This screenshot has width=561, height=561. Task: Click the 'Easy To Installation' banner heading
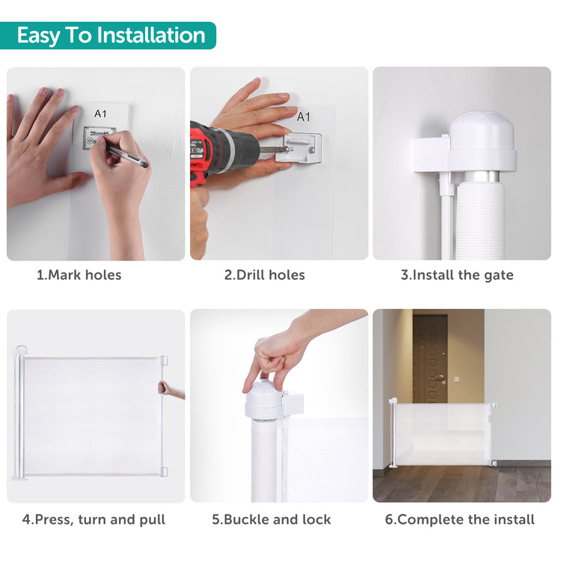[x=111, y=35]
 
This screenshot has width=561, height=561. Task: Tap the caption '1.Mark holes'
[x=79, y=275]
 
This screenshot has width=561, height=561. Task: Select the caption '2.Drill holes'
[x=264, y=275]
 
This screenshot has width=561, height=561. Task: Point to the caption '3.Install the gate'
[x=457, y=275]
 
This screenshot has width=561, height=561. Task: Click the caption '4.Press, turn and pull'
[x=93, y=519]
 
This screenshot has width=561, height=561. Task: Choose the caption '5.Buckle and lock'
[x=272, y=519]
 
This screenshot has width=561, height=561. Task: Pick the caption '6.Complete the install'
[x=459, y=519]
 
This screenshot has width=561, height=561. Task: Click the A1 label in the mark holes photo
[x=100, y=114]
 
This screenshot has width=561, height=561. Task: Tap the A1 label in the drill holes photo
[x=304, y=117]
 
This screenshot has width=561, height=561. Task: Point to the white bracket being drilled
[x=303, y=148]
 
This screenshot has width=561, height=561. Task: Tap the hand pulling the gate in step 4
[x=171, y=390]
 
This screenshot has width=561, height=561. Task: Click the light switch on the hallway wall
[x=456, y=379]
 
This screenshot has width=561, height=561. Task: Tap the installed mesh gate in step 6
[x=443, y=434]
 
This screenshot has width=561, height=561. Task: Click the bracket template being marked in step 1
[x=99, y=138]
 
